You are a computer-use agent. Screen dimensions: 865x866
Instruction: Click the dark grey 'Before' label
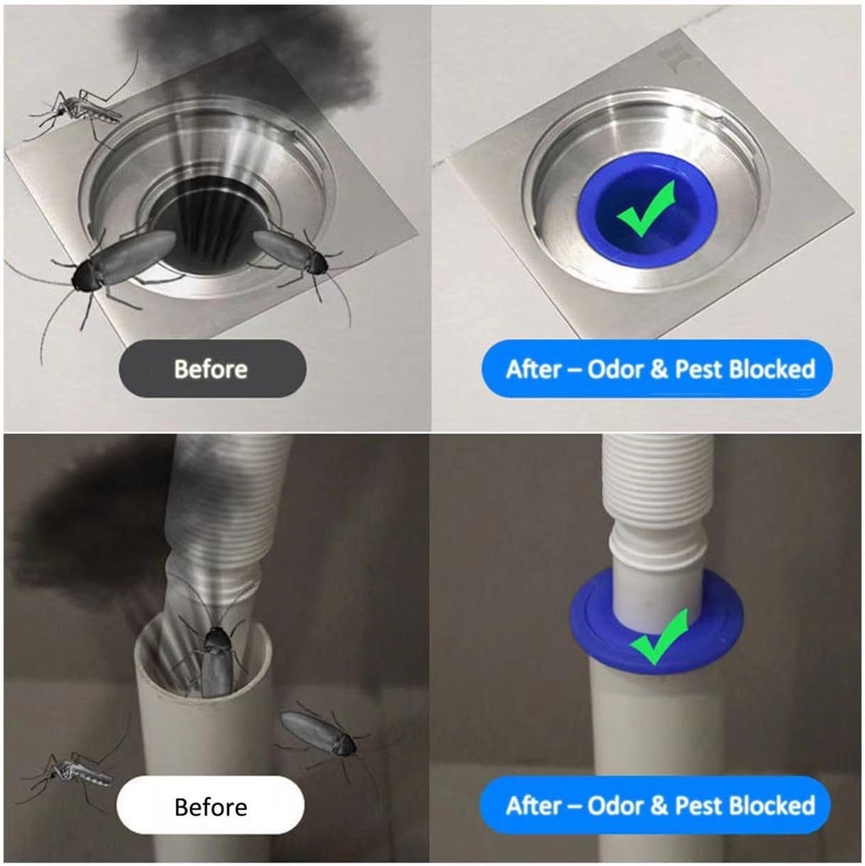click(212, 369)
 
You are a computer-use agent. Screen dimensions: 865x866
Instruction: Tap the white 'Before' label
click(211, 806)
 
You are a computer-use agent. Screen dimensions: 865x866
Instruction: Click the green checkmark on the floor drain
click(646, 209)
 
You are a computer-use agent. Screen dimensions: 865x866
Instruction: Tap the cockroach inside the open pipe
click(213, 657)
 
